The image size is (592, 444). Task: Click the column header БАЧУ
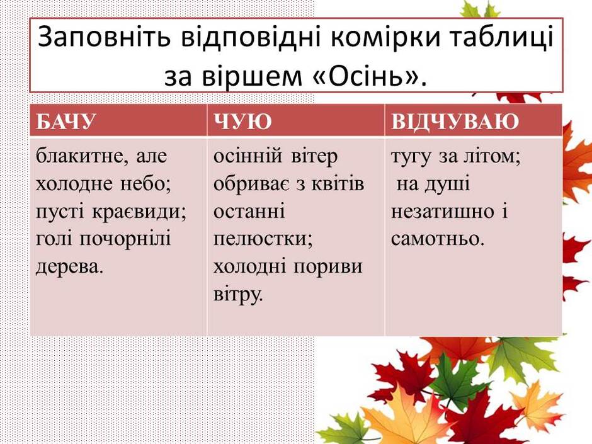65,121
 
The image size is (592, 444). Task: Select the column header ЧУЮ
242,121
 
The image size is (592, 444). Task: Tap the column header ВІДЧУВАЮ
455,121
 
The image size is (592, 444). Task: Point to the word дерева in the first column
69,267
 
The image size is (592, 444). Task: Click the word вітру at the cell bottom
238,295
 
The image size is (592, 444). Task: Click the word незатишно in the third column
442,212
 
